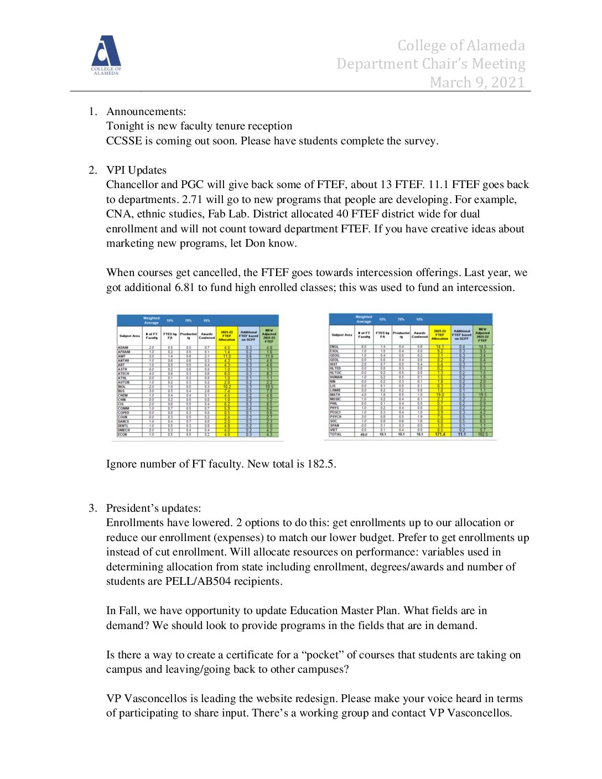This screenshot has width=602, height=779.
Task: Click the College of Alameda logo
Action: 106,55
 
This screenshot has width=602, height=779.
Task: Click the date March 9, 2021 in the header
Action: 477,82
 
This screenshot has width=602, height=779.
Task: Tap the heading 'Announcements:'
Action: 146,112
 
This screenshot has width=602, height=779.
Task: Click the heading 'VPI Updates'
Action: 136,170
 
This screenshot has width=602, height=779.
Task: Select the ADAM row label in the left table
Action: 123,347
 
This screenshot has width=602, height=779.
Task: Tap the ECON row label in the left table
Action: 123,435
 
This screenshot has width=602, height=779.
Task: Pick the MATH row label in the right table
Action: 335,394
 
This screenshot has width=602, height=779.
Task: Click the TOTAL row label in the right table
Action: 336,434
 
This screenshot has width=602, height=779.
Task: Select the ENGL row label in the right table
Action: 335,346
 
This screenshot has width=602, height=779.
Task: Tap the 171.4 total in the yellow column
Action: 440,434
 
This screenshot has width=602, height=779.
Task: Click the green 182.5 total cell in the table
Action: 482,434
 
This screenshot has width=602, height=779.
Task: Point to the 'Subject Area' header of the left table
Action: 129,336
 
